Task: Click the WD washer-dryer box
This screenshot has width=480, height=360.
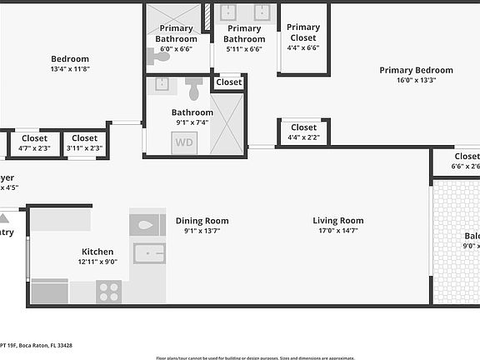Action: pyautogui.click(x=185, y=142)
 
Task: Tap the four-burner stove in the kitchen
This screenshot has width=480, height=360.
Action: pyautogui.click(x=108, y=292)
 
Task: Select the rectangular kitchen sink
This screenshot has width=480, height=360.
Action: pyautogui.click(x=150, y=252)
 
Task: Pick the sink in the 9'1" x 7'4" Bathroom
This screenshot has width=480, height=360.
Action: pyautogui.click(x=162, y=84)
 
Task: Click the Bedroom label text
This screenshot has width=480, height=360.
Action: pyautogui.click(x=70, y=59)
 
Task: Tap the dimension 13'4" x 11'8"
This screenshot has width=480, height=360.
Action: pyautogui.click(x=70, y=70)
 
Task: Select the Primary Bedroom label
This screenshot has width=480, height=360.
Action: pyautogui.click(x=416, y=70)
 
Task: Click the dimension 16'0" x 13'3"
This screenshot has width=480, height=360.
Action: pyautogui.click(x=416, y=81)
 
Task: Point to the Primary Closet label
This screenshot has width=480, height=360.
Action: pyautogui.click(x=303, y=32)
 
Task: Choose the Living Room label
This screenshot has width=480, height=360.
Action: pyautogui.click(x=338, y=221)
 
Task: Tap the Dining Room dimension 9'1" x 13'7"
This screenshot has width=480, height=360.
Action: pyautogui.click(x=202, y=232)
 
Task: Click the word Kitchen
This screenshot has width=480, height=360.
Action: pyautogui.click(x=97, y=252)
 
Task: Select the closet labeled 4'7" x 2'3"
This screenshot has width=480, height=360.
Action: pyautogui.click(x=34, y=143)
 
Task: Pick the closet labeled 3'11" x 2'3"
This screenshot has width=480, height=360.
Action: pyautogui.click(x=84, y=143)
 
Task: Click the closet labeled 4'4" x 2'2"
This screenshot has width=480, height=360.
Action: pyautogui.click(x=303, y=132)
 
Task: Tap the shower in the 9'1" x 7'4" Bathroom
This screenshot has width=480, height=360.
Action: pyautogui.click(x=227, y=123)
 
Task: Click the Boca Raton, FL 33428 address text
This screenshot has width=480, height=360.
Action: pyautogui.click(x=37, y=345)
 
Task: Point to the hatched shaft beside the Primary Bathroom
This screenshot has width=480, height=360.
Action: pyautogui.click(x=206, y=17)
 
